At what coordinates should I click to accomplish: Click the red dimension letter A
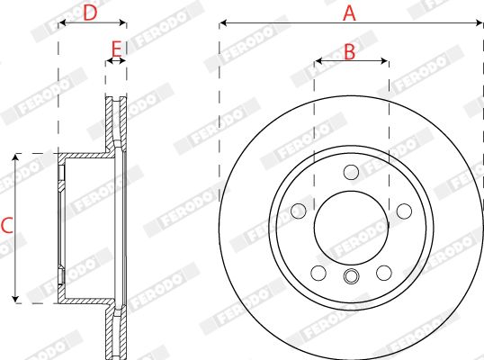[349, 13]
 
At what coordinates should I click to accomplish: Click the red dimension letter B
[349, 51]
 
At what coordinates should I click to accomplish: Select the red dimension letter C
[7, 225]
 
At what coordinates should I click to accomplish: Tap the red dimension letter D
[90, 13]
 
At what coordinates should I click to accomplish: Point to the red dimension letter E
[116, 49]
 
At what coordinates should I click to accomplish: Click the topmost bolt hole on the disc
[351, 172]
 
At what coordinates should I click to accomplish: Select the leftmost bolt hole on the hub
[299, 211]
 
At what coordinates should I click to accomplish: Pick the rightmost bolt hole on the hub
[404, 211]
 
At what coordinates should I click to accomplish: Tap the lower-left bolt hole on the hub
[318, 273]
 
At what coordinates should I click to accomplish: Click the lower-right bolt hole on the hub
[384, 273]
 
